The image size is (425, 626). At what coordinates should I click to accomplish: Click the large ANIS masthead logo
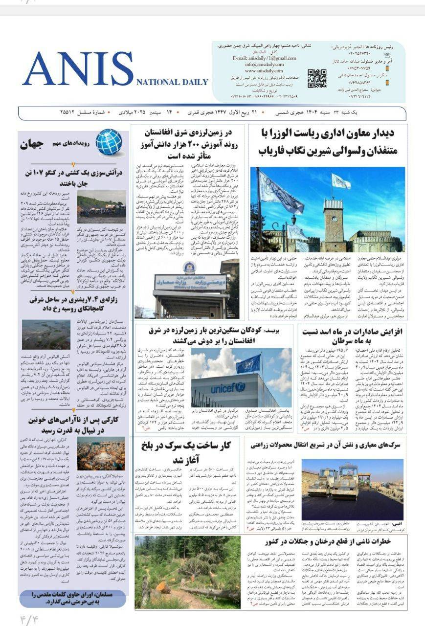tap(78, 69)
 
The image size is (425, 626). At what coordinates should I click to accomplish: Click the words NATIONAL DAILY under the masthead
tap(172, 82)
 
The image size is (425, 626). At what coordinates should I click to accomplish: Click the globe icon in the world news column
tap(109, 142)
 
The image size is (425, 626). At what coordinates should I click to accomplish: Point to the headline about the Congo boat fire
tap(72, 178)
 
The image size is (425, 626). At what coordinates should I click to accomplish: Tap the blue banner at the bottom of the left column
tap(72, 598)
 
